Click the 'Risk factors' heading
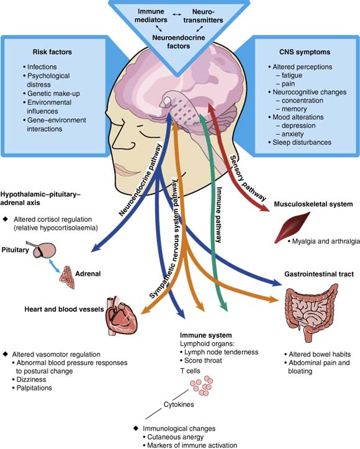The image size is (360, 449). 52,52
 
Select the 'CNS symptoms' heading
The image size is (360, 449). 305,52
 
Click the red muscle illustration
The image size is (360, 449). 291,227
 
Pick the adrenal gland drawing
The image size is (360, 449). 67,277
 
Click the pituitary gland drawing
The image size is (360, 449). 43,250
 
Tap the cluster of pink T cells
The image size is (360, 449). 202,386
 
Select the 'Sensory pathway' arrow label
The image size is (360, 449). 248,178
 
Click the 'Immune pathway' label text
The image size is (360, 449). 219,214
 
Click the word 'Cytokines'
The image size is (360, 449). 179,404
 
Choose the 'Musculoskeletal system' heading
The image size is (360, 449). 313,204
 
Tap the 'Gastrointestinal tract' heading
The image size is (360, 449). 319,274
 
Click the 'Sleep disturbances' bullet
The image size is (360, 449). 300,142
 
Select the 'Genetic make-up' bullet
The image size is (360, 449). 52,94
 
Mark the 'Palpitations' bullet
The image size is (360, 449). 32,388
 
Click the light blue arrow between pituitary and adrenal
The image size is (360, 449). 55,266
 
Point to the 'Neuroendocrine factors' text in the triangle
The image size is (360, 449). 179,42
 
